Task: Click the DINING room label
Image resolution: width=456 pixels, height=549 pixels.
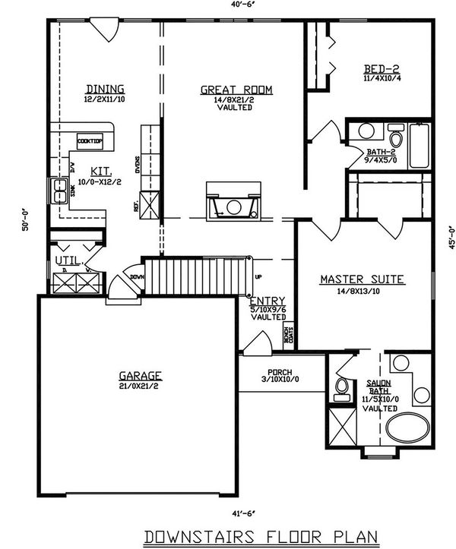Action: click(105, 89)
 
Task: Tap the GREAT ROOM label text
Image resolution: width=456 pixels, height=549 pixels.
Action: click(236, 90)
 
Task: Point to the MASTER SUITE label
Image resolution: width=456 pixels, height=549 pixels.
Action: click(362, 279)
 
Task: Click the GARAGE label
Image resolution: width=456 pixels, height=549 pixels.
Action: click(141, 375)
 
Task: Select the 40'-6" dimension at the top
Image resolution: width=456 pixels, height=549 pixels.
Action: click(241, 5)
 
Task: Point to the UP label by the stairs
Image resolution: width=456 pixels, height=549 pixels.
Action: click(258, 276)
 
